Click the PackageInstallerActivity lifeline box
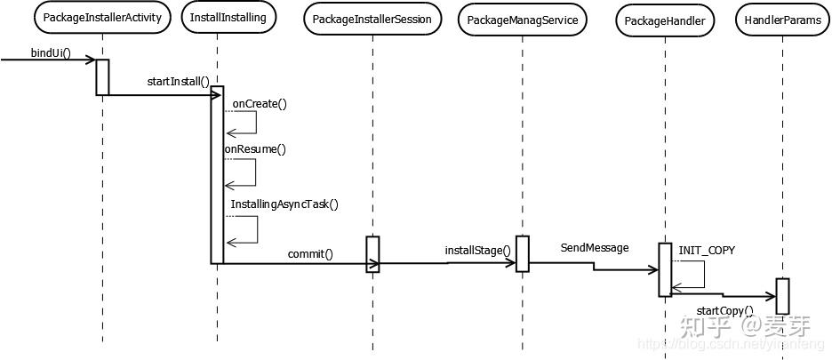[102, 17]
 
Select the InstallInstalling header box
[228, 17]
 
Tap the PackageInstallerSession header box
[372, 20]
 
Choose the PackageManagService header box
[523, 20]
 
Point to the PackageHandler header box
[663, 20]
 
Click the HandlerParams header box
[782, 20]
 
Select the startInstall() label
[178, 82]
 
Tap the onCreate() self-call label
[260, 103]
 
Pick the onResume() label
[255, 149]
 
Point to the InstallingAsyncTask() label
[284, 204]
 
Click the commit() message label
[309, 254]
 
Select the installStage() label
[478, 250]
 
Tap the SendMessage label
[594, 248]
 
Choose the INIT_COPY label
[707, 251]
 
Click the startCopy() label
[724, 311]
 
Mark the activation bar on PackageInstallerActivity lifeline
[102, 76]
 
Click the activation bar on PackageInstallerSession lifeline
[372, 253]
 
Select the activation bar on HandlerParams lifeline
[782, 295]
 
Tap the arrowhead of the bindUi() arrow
[91, 60]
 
